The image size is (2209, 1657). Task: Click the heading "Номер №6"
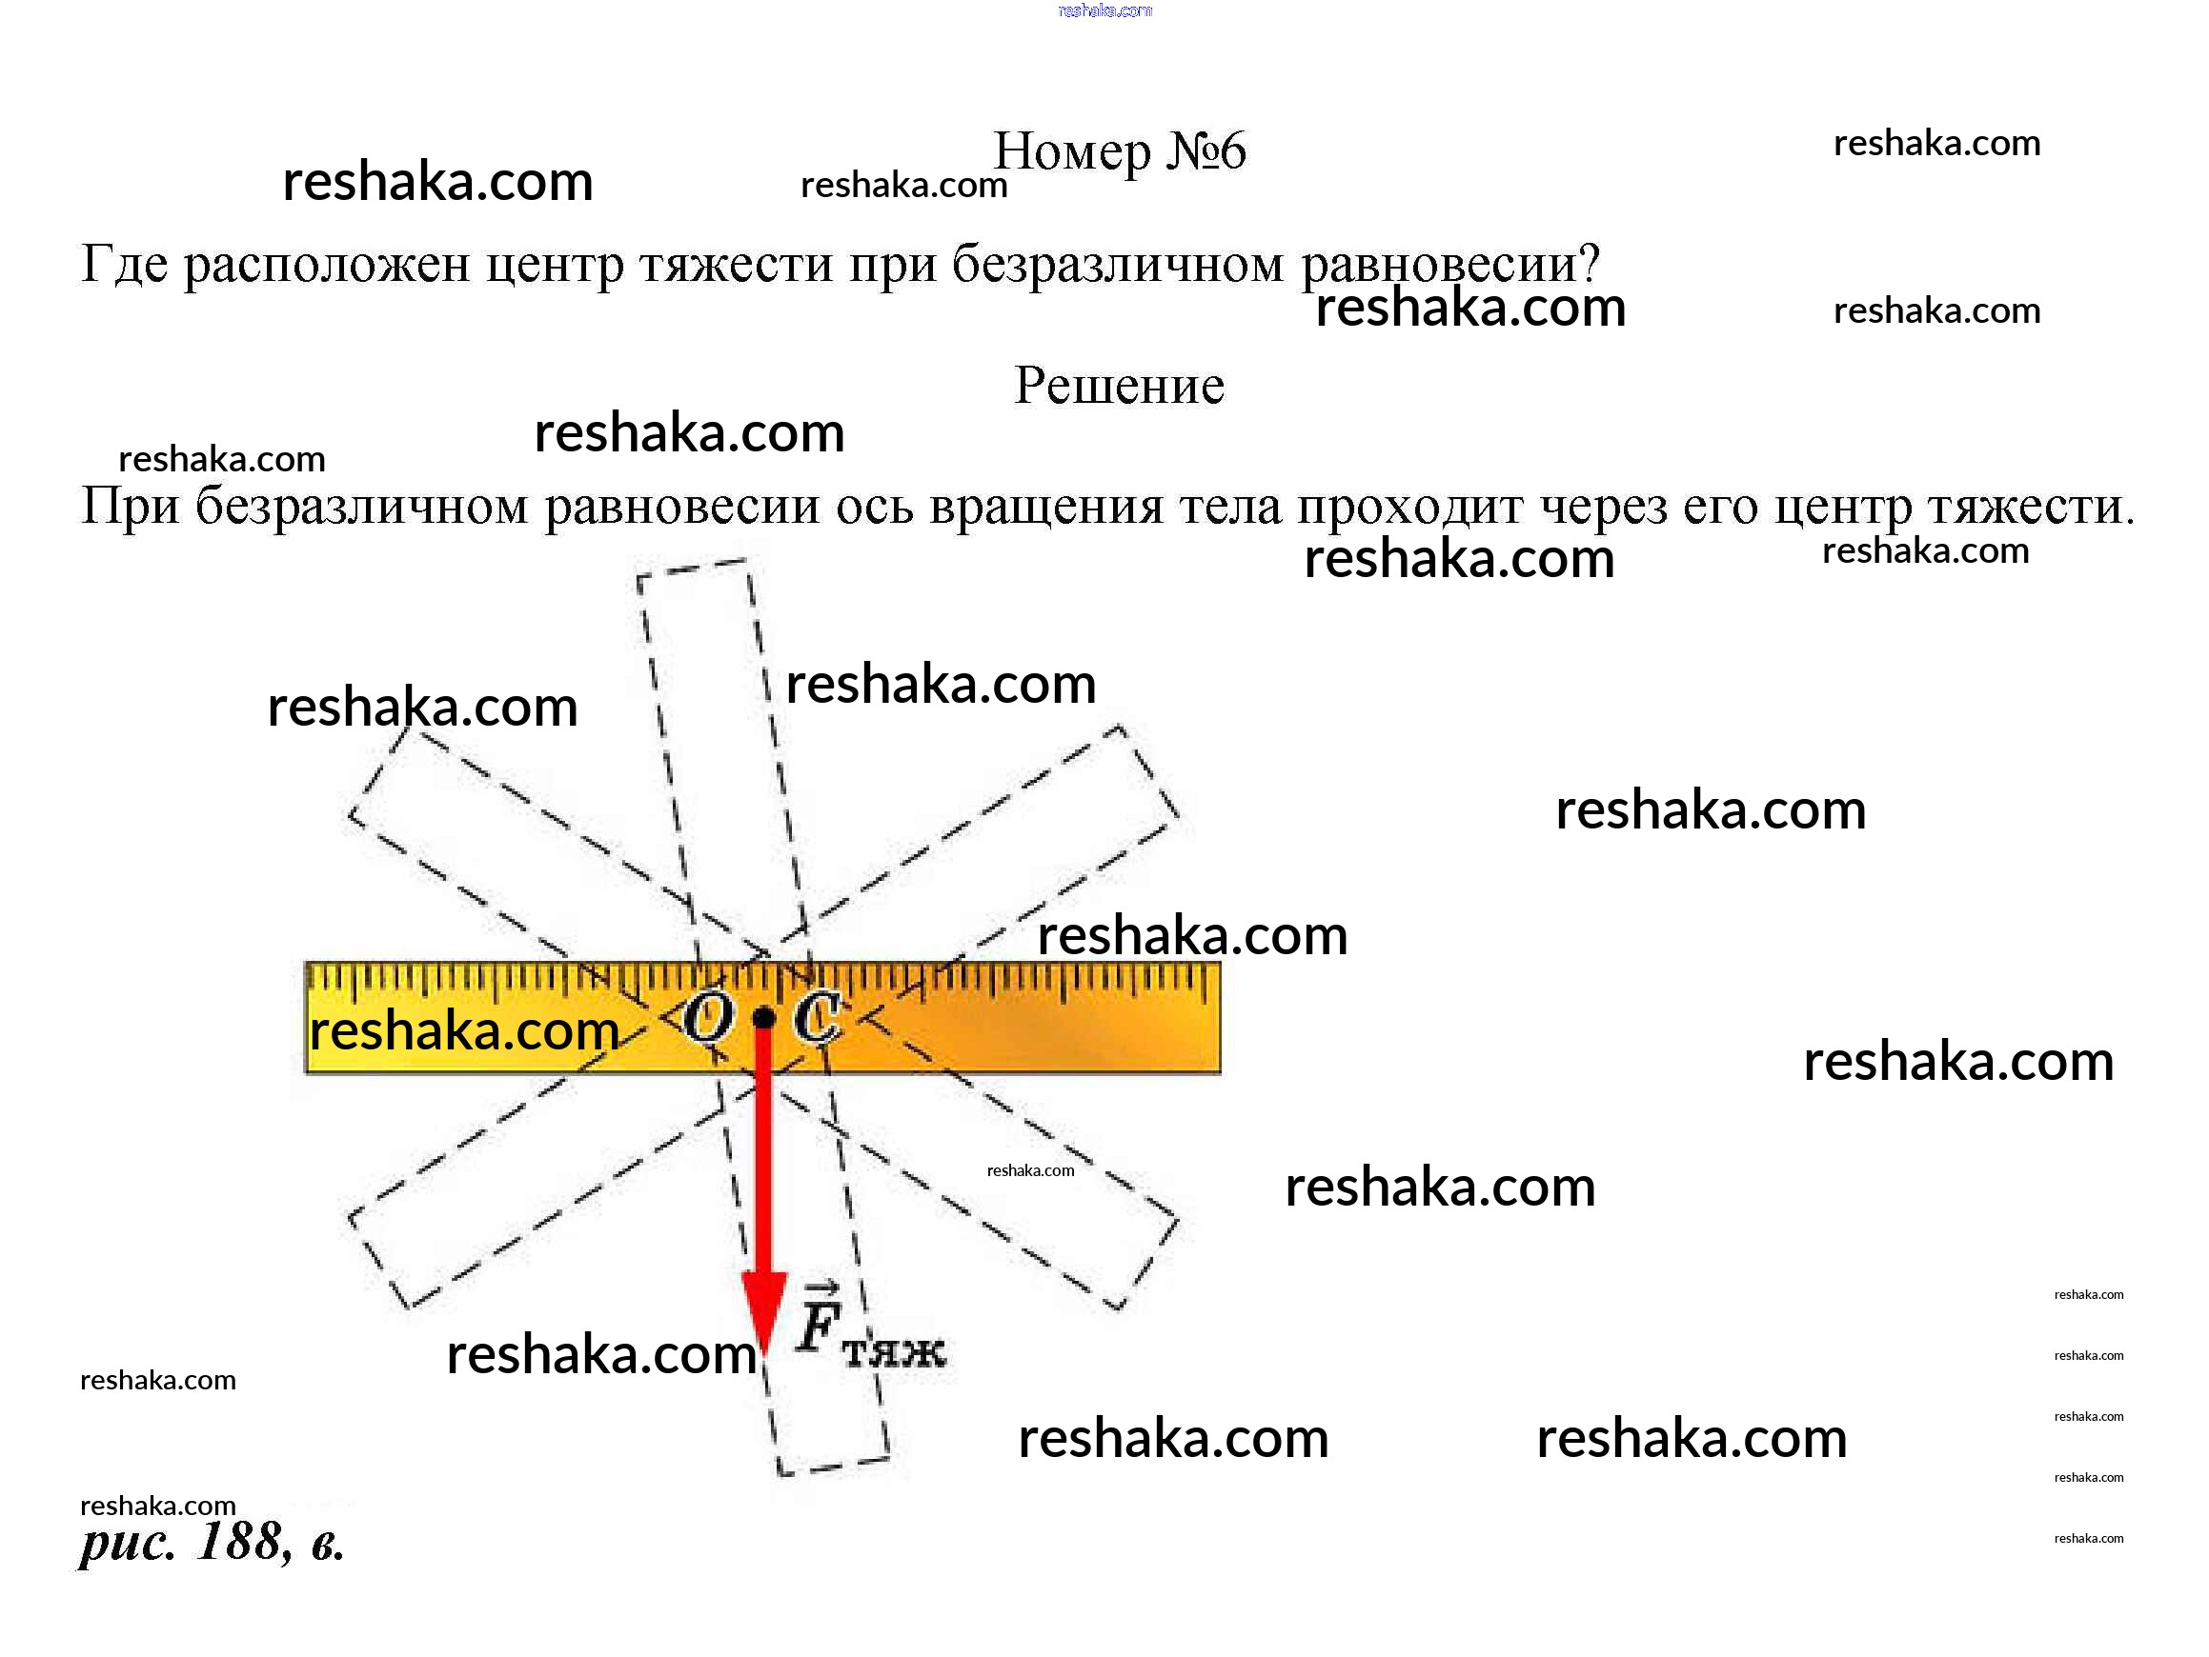[x=1120, y=151]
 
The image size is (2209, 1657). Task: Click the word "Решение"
[x=1119, y=386]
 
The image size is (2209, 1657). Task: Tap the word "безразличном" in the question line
[x=1117, y=265]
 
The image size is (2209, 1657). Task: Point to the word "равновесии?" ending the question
[x=1450, y=265]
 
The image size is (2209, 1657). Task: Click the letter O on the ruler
[x=707, y=1018]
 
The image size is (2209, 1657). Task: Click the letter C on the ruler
[x=816, y=1018]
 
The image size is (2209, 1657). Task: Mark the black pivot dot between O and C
[x=764, y=1018]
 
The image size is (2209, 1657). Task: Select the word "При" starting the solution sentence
[x=129, y=506]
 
